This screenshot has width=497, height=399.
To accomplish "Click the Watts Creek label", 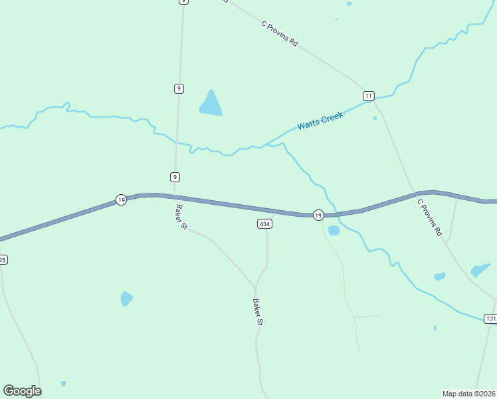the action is [x=320, y=121].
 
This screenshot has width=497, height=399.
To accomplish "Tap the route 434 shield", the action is [x=264, y=224].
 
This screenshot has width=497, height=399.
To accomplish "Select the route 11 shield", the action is [x=369, y=96].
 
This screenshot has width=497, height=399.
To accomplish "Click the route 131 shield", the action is [x=490, y=319].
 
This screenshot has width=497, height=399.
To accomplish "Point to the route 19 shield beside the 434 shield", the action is [x=318, y=215].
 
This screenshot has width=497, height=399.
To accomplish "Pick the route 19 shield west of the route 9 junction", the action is [x=121, y=199].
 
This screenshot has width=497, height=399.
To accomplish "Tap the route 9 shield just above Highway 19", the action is [x=175, y=177].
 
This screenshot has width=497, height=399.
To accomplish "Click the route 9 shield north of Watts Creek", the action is [x=179, y=88].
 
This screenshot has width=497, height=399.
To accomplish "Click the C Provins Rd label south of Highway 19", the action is [x=429, y=216].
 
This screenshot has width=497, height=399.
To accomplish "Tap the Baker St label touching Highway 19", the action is [x=181, y=217].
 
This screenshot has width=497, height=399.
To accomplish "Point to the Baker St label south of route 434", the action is [x=258, y=312].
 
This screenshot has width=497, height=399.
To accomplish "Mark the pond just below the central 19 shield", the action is [x=334, y=231].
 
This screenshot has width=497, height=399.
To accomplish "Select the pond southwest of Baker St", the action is [x=126, y=299].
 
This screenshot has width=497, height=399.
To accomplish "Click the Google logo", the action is [x=22, y=391].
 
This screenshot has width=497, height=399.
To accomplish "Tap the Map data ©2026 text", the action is [x=468, y=393].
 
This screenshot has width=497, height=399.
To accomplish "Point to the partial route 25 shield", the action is [x=3, y=259].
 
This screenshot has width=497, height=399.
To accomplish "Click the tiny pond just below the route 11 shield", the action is [x=375, y=118].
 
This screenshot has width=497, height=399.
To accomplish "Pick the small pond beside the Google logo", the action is [x=63, y=383].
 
